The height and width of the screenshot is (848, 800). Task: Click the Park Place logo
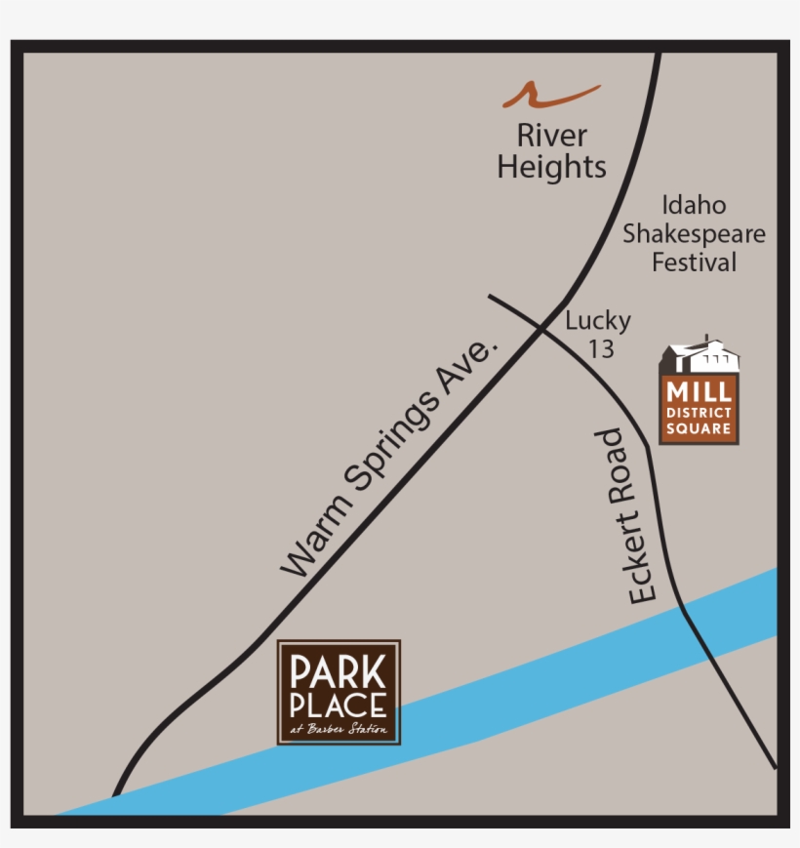coord(339,692)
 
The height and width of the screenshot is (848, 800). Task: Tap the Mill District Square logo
coord(699,393)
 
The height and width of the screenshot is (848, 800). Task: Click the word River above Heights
coord(551,135)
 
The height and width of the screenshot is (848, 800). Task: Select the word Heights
coord(551,167)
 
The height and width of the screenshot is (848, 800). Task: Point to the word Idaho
coord(694,206)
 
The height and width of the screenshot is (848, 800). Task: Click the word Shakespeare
coord(694,234)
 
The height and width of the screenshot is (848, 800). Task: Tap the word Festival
coord(694,262)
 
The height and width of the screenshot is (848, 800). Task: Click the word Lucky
coord(598,320)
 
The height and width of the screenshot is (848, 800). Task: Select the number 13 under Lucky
coord(601,347)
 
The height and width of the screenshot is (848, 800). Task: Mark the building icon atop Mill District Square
coord(700,357)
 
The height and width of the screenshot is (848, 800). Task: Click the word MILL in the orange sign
coord(699,392)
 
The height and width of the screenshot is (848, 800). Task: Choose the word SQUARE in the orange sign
coord(699,428)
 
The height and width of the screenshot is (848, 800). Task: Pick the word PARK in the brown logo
coord(339,672)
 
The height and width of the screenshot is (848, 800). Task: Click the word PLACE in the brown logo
coord(339,705)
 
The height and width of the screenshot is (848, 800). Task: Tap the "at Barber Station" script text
coord(339,729)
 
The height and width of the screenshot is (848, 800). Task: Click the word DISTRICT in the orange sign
coord(699,413)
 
